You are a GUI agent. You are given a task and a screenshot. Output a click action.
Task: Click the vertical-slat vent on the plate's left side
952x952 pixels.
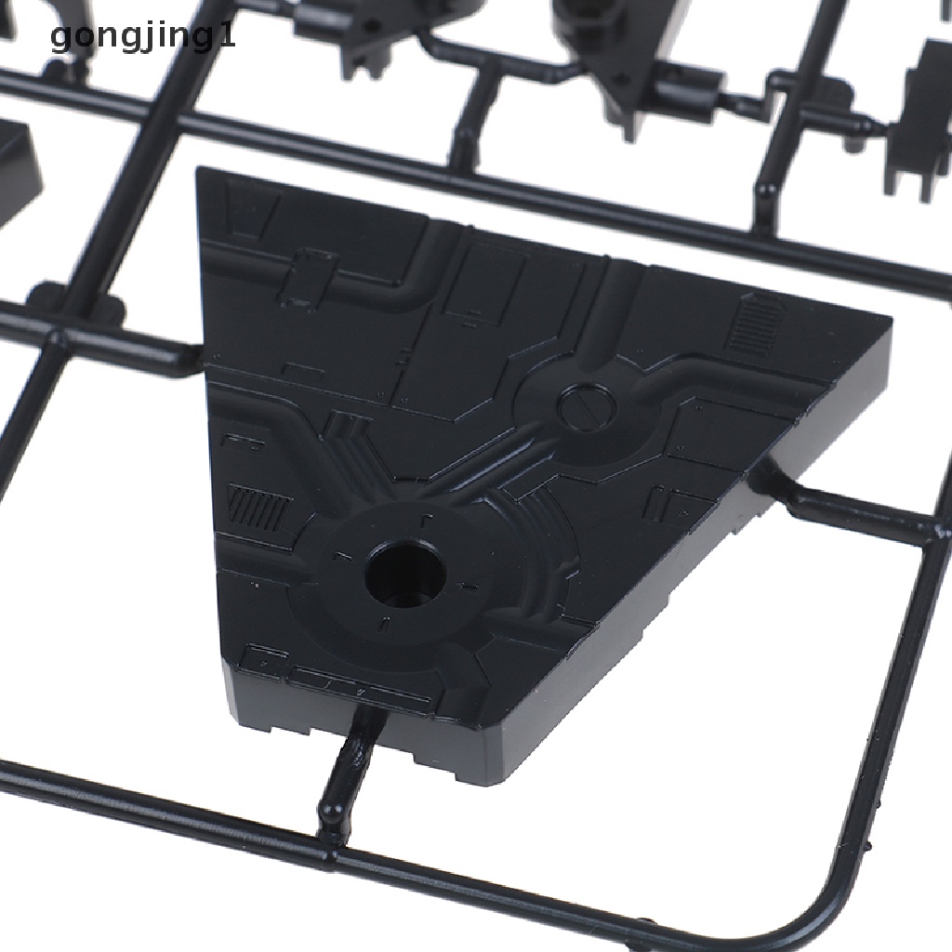tap(257, 507)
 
